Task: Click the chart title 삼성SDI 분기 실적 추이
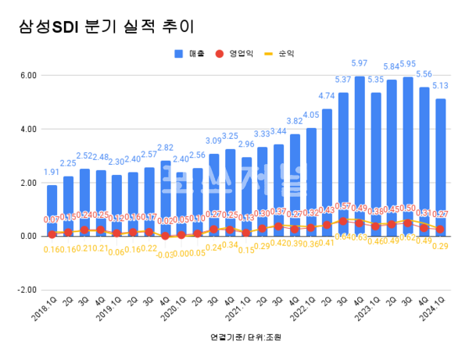105,27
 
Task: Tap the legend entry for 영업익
238,54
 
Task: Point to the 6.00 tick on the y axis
28,76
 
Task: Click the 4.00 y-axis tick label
28,129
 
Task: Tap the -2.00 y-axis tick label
27,289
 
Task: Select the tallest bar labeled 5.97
360,156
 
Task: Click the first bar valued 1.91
52,210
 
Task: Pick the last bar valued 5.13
442,167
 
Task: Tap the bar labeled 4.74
327,173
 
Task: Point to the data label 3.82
294,122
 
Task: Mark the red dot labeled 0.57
343,221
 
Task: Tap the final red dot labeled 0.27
442,229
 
